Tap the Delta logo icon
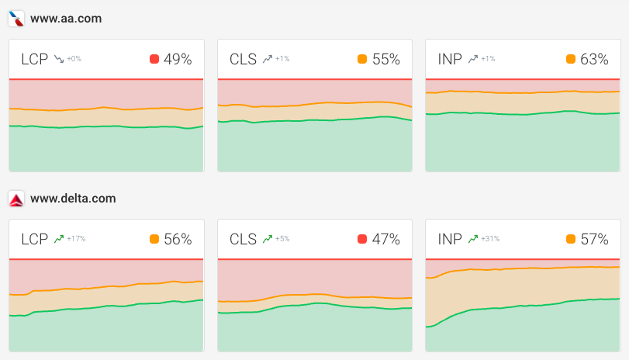click(x=16, y=199)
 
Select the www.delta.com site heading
click(x=73, y=199)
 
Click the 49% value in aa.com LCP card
click(x=178, y=59)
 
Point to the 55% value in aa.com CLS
click(x=386, y=59)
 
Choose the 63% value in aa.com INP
click(x=594, y=59)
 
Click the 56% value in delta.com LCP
click(x=178, y=240)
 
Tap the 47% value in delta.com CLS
click(x=386, y=240)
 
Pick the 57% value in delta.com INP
click(x=594, y=240)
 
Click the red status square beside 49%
click(x=154, y=59)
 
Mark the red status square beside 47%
click(x=362, y=240)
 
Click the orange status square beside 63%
click(x=571, y=59)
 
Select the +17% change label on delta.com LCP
click(x=76, y=240)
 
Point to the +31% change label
click(x=491, y=240)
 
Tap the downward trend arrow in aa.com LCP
click(x=58, y=59)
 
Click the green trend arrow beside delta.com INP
click(x=473, y=240)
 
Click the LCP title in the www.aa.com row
click(x=34, y=59)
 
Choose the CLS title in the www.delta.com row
click(x=243, y=240)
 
